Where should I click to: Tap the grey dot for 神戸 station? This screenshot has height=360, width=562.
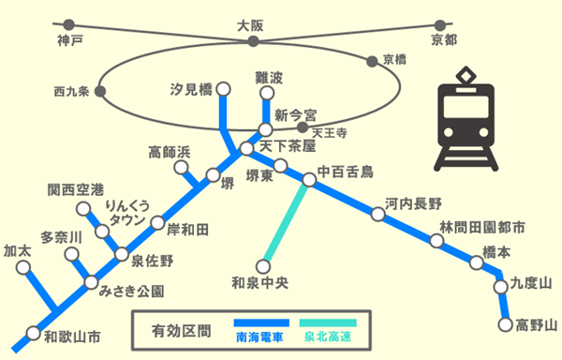(x=69, y=24)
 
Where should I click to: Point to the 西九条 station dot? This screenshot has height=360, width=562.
(x=100, y=92)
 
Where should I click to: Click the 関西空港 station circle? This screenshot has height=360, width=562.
(x=82, y=208)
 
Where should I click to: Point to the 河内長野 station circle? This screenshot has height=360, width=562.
(x=378, y=215)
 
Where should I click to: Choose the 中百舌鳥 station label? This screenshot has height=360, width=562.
(x=345, y=172)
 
